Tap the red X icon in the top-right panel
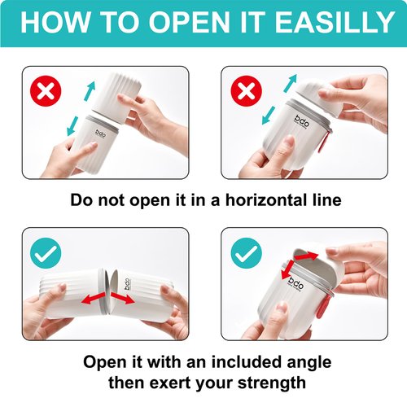tap(245, 91)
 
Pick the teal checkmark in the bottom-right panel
tap(245, 255)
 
